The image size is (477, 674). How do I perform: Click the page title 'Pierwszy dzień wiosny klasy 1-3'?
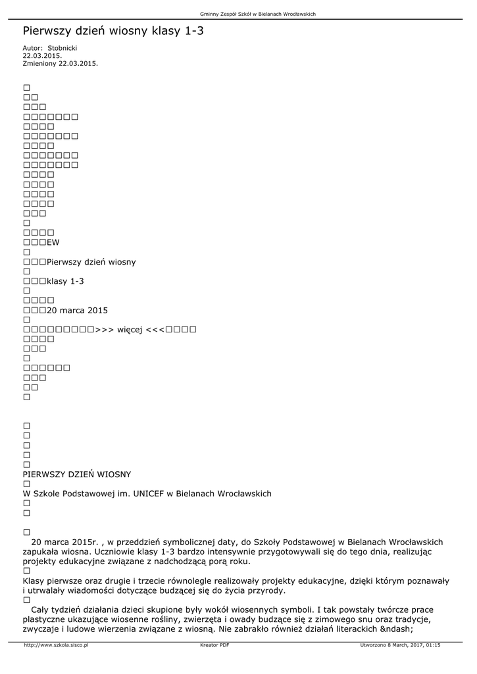pos(113,31)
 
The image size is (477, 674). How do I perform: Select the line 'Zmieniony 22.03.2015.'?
pos(60,63)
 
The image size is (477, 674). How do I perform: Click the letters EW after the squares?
pos(53,242)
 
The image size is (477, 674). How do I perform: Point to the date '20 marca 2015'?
pos(78,310)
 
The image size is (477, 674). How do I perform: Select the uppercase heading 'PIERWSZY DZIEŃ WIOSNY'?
pos(76,474)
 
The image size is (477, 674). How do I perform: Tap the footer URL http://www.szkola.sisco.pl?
pos(56,646)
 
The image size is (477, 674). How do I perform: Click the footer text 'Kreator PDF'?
pos(214,646)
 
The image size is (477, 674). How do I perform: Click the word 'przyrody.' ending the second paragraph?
pos(262,590)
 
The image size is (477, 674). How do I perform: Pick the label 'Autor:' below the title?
pos(33,49)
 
